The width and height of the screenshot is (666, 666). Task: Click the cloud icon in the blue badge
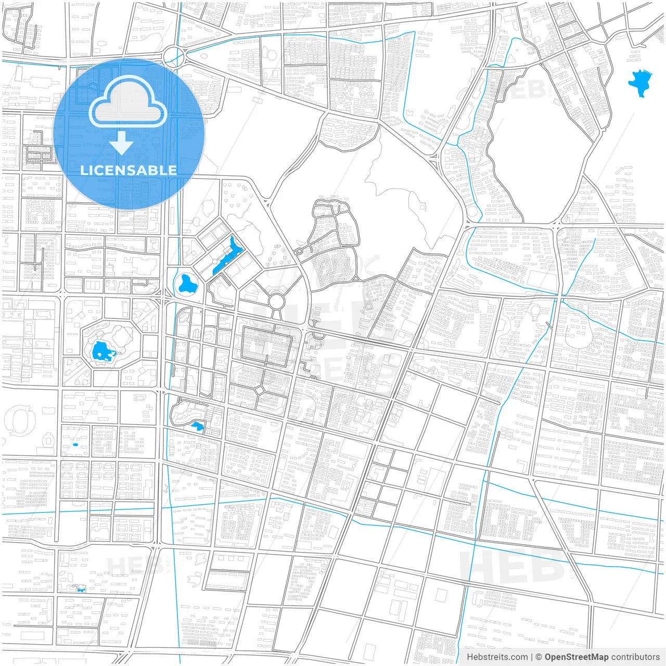[x=128, y=102]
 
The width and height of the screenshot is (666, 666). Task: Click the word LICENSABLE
[x=128, y=170]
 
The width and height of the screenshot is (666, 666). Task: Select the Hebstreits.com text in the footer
[x=497, y=657]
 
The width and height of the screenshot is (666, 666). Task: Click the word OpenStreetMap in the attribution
[x=576, y=657]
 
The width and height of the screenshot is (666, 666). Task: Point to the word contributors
[x=635, y=657]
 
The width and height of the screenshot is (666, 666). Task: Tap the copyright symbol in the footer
[x=539, y=657]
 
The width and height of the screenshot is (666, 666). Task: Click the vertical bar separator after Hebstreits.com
[x=532, y=657]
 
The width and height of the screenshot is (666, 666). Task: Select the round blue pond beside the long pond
[x=185, y=284]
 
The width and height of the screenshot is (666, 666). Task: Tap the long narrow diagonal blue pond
[x=227, y=255]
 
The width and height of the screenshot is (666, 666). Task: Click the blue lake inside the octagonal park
[x=103, y=352]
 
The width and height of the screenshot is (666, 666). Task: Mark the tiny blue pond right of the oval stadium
[x=75, y=444]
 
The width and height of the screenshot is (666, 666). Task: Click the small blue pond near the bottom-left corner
[x=80, y=588]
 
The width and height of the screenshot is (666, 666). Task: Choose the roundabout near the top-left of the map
[x=173, y=55]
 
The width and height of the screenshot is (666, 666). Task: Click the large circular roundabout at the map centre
[x=276, y=301]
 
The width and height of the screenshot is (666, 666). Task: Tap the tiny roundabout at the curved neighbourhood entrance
[x=299, y=252]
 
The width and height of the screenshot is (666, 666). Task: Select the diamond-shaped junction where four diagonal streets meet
[x=259, y=390]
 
